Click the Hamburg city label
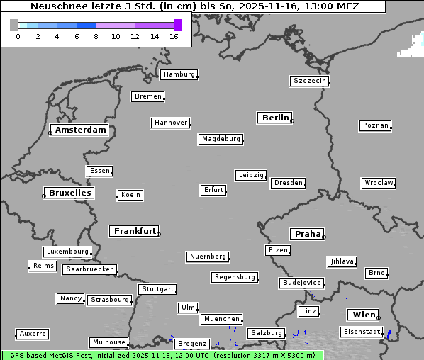click(x=178, y=74)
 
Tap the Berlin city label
click(x=275, y=118)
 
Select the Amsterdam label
click(x=80, y=130)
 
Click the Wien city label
click(x=364, y=315)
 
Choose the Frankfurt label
click(x=135, y=231)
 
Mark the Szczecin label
click(x=309, y=81)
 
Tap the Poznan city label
click(x=375, y=125)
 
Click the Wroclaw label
click(x=378, y=183)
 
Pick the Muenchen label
click(x=221, y=319)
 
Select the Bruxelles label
click(x=69, y=193)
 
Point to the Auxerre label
click(x=32, y=333)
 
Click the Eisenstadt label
click(x=361, y=332)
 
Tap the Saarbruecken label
click(x=89, y=269)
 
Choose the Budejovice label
click(x=301, y=283)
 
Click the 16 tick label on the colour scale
click(x=174, y=36)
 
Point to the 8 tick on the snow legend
click(x=96, y=36)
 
